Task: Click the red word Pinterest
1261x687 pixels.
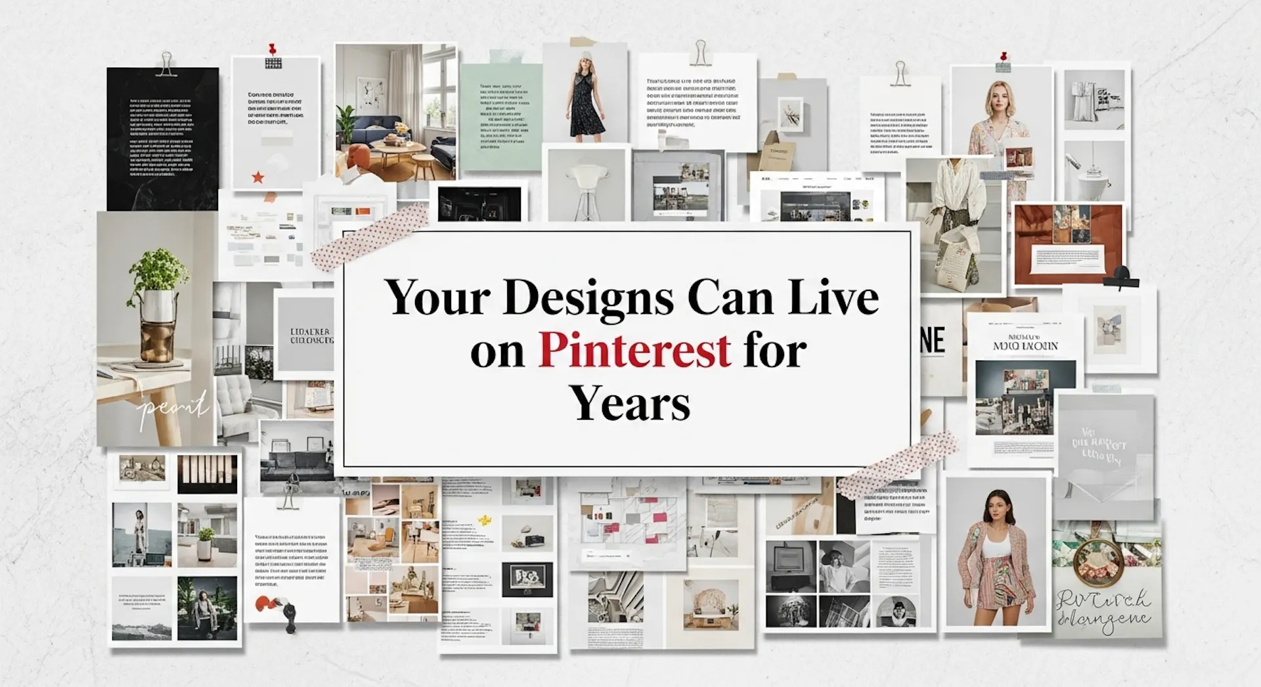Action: [634, 351]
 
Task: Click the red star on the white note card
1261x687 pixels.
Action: [257, 177]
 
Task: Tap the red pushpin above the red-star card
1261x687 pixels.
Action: [272, 49]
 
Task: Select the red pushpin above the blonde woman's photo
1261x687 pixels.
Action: [1003, 57]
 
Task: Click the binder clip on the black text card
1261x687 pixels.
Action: [164, 62]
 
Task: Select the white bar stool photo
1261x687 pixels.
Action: [586, 185]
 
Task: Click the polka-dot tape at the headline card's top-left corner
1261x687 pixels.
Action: [368, 236]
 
